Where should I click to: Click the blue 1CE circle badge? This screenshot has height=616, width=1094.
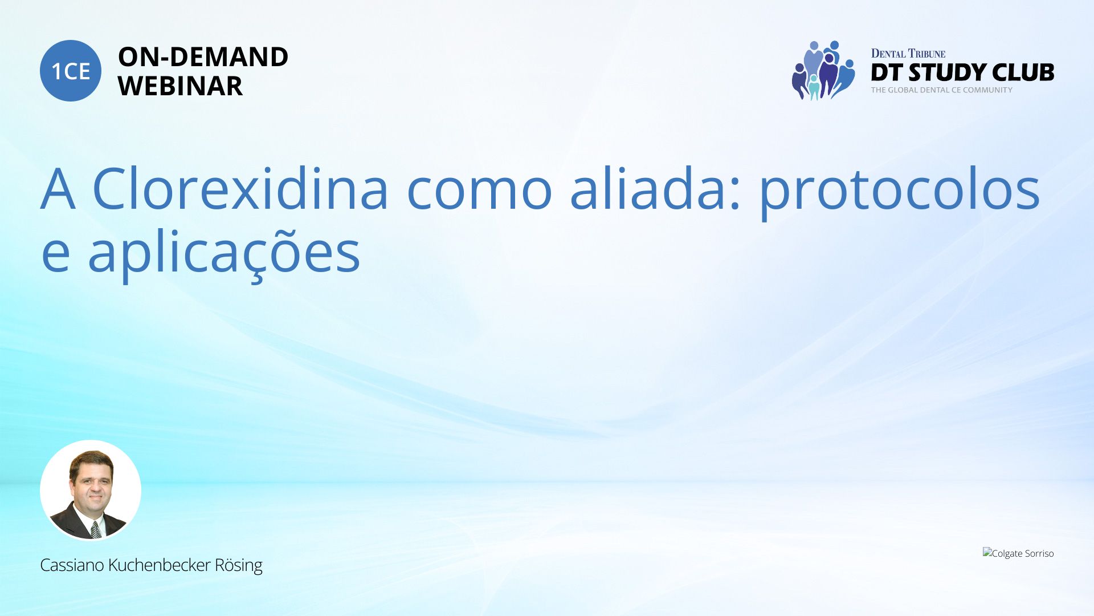pyautogui.click(x=71, y=71)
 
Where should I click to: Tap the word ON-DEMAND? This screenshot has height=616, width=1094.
pyautogui.click(x=203, y=56)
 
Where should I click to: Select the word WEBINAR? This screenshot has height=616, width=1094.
pyautogui.click(x=180, y=86)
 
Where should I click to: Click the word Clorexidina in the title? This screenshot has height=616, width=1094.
pyautogui.click(x=240, y=188)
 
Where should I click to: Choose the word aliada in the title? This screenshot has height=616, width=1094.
pyautogui.click(x=650, y=188)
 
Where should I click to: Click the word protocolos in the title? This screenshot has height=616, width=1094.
pyautogui.click(x=900, y=193)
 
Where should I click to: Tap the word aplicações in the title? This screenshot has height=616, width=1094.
pyautogui.click(x=224, y=254)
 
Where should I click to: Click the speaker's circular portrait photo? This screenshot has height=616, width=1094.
pyautogui.click(x=91, y=490)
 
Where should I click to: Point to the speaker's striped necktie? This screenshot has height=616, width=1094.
pyautogui.click(x=96, y=529)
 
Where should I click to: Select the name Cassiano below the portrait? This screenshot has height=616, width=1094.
pyautogui.click(x=72, y=565)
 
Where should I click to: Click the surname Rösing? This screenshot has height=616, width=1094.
pyautogui.click(x=238, y=566)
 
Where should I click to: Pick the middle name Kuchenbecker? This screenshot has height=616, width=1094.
pyautogui.click(x=159, y=565)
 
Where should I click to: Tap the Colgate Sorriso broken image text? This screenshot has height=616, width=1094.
pyautogui.click(x=1018, y=553)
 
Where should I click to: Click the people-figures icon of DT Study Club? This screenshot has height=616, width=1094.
pyautogui.click(x=823, y=70)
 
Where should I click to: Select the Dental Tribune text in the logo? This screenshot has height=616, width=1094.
pyautogui.click(x=908, y=54)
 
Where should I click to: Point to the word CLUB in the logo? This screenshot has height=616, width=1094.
pyautogui.click(x=1023, y=72)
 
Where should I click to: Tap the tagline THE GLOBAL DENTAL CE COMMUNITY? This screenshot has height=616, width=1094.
pyautogui.click(x=941, y=90)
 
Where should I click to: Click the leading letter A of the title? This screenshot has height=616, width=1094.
pyautogui.click(x=58, y=189)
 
